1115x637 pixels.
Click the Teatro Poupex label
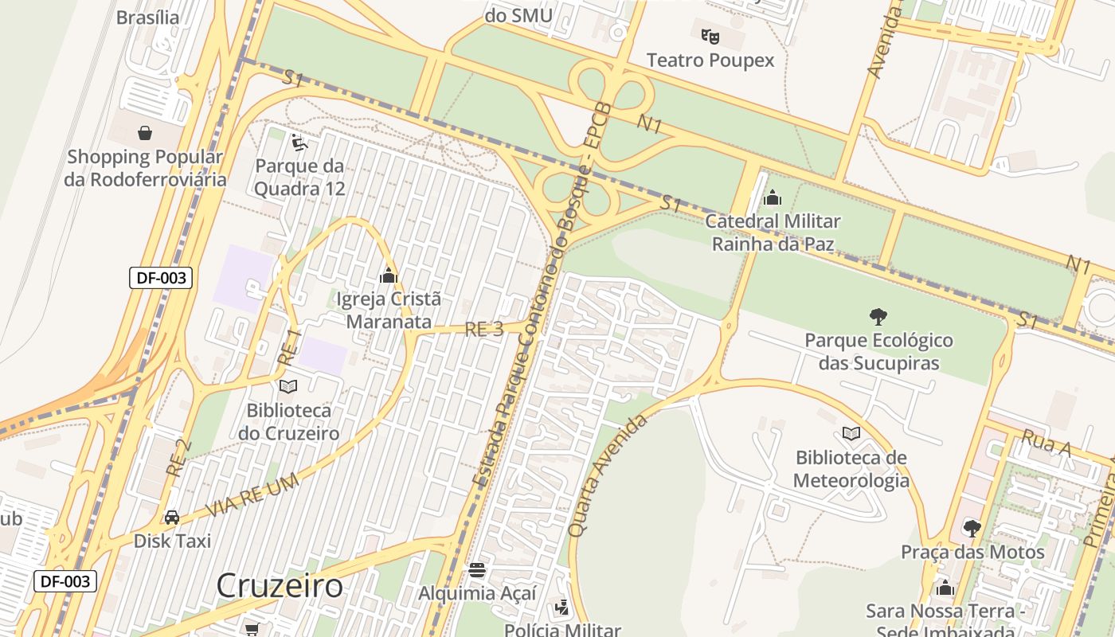click(710, 61)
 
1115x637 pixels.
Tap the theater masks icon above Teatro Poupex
click(710, 36)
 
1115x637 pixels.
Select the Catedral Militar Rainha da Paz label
click(773, 233)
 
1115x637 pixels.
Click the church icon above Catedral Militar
click(772, 198)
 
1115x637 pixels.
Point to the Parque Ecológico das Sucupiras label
click(878, 352)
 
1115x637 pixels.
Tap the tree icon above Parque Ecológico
click(878, 317)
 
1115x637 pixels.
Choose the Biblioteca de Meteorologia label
click(851, 469)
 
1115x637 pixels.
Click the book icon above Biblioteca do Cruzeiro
click(288, 386)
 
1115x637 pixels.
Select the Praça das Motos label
click(972, 552)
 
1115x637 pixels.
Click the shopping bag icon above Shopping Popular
click(145, 132)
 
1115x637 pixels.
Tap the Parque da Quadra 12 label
click(300, 178)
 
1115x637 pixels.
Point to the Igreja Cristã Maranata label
click(389, 311)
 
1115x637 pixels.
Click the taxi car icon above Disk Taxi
click(172, 518)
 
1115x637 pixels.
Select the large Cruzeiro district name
click(280, 586)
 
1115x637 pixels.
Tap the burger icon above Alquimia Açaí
click(477, 569)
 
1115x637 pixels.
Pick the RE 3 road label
click(484, 330)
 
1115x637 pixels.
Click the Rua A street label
click(1046, 444)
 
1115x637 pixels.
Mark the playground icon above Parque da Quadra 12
click(300, 143)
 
